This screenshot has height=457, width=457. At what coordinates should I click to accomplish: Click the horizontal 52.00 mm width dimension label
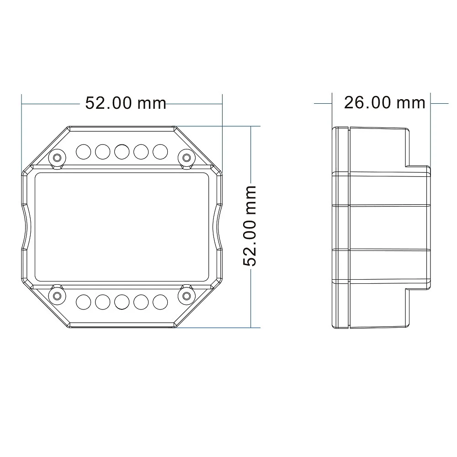coord(126,103)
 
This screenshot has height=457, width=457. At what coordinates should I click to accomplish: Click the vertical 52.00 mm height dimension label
coord(250,226)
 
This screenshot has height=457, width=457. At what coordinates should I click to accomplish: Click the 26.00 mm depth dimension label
coord(384,102)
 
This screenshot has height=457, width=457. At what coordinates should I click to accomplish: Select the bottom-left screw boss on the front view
coord(58,296)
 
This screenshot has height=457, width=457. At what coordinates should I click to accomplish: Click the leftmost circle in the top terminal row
coord(83,152)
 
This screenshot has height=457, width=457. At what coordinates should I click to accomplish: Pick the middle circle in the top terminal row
coord(122,152)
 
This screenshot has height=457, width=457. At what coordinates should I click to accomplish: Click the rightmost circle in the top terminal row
coord(160,152)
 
